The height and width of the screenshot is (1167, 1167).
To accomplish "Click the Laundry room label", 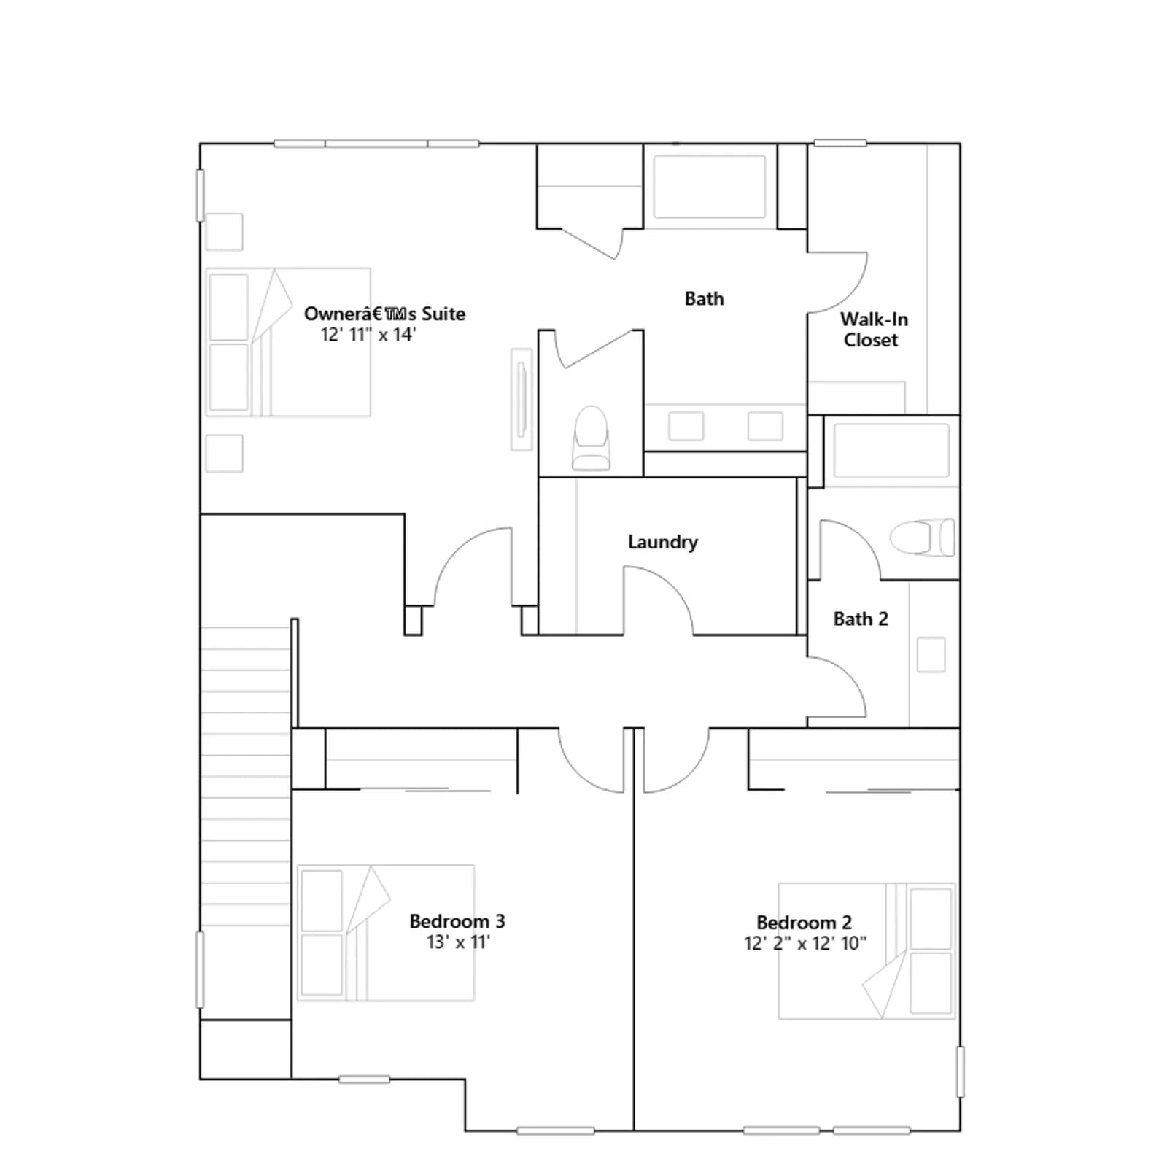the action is [x=663, y=542].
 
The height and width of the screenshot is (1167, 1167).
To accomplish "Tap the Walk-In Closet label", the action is [x=873, y=330].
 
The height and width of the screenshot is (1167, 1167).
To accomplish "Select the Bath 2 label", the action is [x=861, y=619].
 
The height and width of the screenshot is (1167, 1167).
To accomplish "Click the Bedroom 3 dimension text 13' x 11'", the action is [x=458, y=942].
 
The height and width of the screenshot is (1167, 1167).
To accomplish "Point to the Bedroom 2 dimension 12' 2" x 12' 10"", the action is [x=805, y=944].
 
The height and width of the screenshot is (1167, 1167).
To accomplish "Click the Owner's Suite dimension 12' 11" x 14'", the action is [x=368, y=335].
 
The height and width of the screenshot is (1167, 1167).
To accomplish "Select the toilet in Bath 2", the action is [x=922, y=538].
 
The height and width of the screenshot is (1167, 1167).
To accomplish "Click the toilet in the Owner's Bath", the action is [x=592, y=438].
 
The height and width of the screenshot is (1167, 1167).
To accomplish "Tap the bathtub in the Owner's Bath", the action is [x=710, y=187].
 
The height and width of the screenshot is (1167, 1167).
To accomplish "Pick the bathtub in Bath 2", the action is [x=891, y=451].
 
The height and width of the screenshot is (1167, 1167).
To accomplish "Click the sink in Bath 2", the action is [x=931, y=654].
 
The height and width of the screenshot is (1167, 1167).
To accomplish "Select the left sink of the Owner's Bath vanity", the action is [x=686, y=426].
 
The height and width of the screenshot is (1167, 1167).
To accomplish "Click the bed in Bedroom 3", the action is [x=386, y=933].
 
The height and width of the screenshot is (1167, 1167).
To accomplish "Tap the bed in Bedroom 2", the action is [x=866, y=951].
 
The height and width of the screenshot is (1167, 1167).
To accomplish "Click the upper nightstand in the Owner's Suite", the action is [x=224, y=232].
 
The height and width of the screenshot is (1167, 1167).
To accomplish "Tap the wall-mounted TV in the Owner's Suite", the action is [x=522, y=400].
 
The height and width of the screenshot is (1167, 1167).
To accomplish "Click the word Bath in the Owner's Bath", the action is [x=705, y=298].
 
